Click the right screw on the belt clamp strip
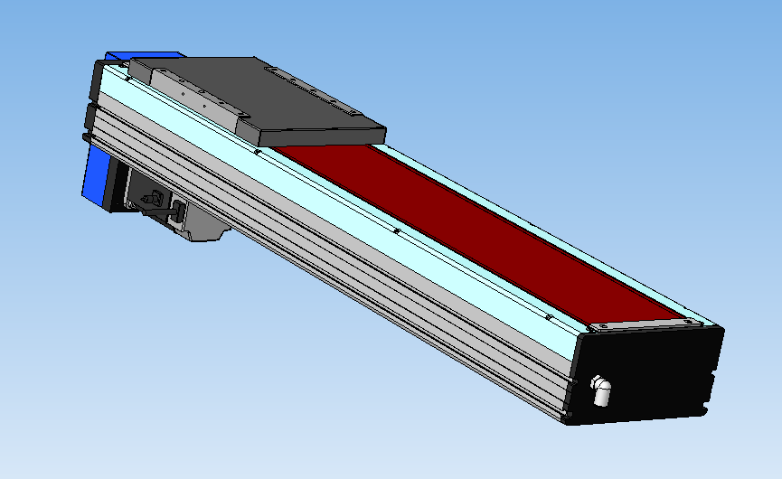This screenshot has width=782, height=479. [692, 321]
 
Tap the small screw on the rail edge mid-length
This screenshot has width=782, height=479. [398, 231]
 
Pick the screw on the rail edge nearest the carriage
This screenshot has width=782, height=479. [259, 154]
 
